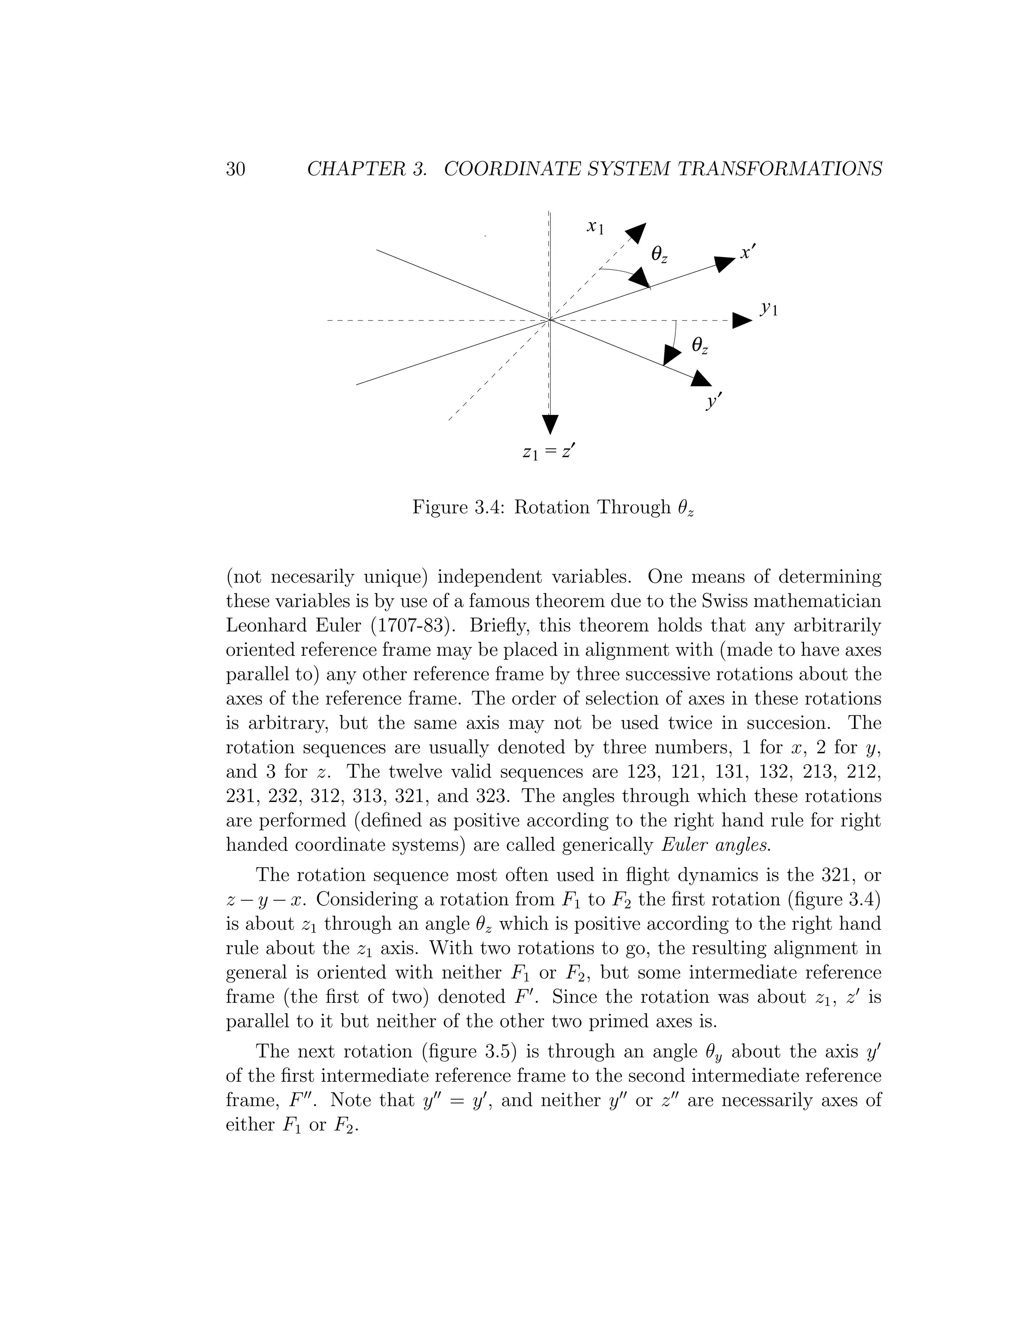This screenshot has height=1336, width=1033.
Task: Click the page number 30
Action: coord(236,169)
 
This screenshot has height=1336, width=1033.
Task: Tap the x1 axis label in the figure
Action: coord(595,227)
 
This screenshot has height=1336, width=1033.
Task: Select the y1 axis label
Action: coord(769,309)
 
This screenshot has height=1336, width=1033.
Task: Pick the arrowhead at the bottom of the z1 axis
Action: coord(550,423)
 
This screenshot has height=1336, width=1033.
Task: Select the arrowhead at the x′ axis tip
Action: coord(725,264)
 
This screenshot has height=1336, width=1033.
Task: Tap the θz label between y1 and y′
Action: coord(700,346)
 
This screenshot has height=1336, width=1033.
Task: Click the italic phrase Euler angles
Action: coord(717,845)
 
